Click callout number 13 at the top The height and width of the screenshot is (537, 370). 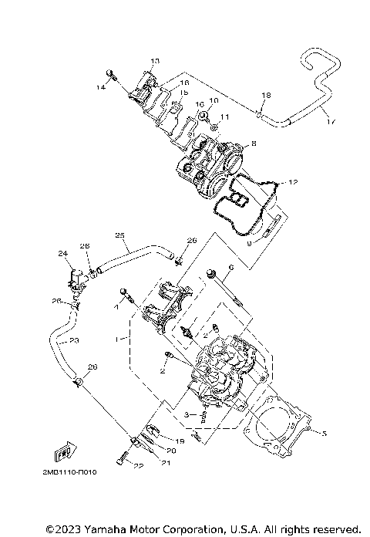pyautogui.click(x=154, y=60)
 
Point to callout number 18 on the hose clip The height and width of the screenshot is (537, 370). pyautogui.click(x=265, y=95)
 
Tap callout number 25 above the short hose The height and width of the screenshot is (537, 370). pyautogui.click(x=119, y=235)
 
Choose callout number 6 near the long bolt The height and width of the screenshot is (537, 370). pyautogui.click(x=230, y=267)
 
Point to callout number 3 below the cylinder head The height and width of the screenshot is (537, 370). pyautogui.click(x=187, y=415)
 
